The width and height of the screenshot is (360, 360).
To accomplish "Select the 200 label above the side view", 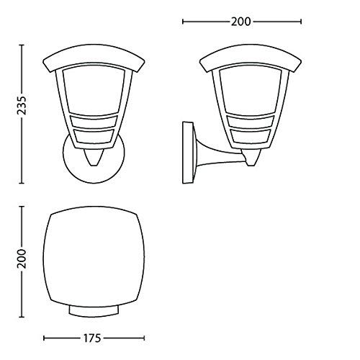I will pos(241,22).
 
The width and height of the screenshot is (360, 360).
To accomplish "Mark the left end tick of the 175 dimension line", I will pos(44,337).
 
